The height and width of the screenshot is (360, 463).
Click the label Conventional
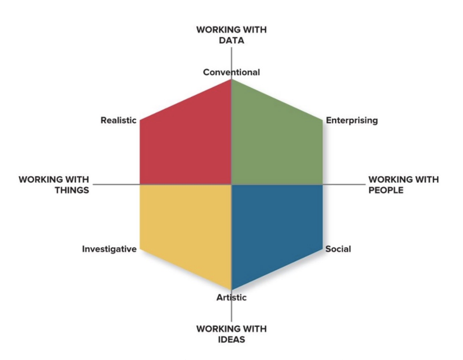(231, 72)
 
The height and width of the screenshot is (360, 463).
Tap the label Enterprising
(351, 120)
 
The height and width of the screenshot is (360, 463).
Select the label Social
(338, 249)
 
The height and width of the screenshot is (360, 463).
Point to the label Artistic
(231, 298)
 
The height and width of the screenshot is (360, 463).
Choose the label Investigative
(109, 249)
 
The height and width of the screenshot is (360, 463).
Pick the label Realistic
(118, 120)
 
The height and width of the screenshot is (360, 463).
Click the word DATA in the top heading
(231, 41)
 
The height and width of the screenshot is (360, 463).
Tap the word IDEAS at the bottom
(231, 339)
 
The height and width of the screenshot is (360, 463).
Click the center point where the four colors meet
(231, 184)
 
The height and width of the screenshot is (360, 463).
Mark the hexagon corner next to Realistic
(140, 119)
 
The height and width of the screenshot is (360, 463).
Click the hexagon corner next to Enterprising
(323, 119)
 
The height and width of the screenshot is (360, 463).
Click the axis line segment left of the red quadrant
(116, 184)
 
